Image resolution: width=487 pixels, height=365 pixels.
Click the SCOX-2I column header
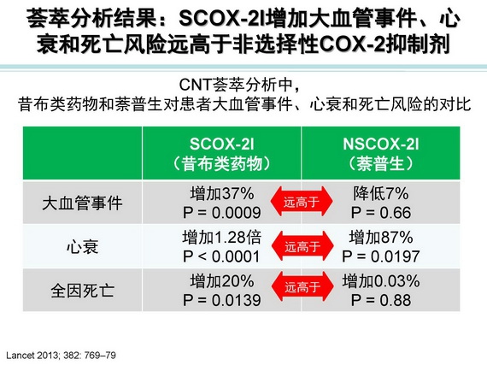[221, 154]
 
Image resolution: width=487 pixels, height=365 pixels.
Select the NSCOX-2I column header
[381, 154]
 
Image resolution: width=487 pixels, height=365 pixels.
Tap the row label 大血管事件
[82, 203]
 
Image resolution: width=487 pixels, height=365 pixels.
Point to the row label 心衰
[82, 247]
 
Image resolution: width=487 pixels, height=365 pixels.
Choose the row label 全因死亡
[82, 291]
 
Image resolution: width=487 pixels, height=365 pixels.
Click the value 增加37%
[222, 193]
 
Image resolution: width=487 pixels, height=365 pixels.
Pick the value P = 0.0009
[222, 213]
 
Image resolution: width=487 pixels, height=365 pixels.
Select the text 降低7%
[381, 193]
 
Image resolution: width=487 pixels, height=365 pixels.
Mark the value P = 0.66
[381, 213]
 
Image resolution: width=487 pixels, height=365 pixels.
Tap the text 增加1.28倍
[222, 238]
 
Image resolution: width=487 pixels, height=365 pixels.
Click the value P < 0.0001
[221, 256]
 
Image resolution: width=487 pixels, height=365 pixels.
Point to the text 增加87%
[381, 238]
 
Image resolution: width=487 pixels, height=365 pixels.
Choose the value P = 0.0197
[381, 256]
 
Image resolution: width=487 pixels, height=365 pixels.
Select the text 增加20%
[222, 281]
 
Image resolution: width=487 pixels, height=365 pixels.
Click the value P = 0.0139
[222, 300]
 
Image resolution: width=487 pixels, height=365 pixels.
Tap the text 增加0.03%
[381, 281]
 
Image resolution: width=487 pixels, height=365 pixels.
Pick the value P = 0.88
[381, 300]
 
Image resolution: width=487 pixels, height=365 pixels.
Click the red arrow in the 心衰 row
[302, 246]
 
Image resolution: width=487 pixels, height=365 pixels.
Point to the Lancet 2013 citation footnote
[61, 355]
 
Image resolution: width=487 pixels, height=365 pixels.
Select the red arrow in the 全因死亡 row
[302, 286]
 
